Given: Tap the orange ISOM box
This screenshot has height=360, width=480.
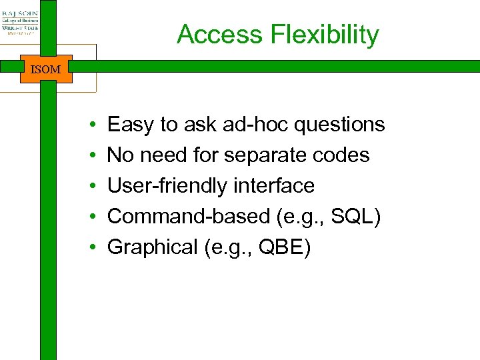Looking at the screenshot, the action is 45,69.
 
